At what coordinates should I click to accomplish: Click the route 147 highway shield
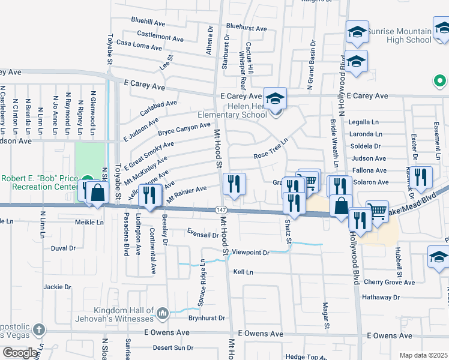click(220, 209)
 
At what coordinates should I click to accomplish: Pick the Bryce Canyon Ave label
click(184, 128)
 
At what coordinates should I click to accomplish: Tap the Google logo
click(20, 353)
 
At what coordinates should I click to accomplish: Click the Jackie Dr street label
click(58, 287)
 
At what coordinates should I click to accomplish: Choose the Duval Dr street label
click(63, 247)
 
